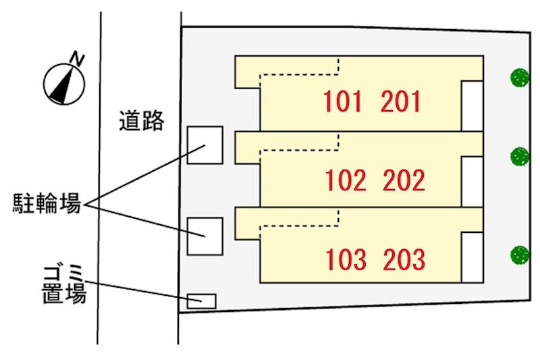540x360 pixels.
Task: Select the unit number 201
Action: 401,102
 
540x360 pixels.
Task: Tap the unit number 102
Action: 345,181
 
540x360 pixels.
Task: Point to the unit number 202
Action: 403,181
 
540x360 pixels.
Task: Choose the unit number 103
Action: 345,259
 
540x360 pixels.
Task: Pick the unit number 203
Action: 403,259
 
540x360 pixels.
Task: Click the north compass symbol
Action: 65,82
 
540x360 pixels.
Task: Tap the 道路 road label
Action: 142,121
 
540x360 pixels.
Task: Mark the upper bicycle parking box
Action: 205,145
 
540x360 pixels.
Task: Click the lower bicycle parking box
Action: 205,236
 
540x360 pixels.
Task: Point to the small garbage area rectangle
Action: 201,301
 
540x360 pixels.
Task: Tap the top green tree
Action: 520,77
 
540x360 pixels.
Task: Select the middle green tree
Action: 520,157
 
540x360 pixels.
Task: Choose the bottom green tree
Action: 520,255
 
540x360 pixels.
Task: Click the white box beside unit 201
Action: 472,105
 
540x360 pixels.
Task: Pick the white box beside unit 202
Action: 472,181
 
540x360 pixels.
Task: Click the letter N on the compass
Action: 79,59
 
